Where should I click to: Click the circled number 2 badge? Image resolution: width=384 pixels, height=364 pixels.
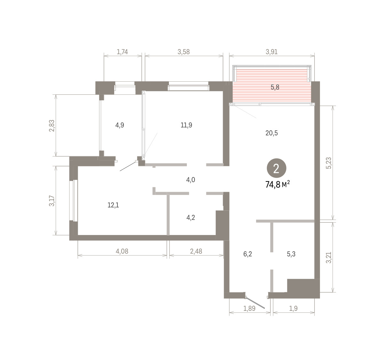click(x=276, y=168)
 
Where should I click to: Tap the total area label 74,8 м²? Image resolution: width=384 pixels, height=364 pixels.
click(x=277, y=184)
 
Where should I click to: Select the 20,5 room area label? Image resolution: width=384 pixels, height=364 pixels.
click(x=271, y=133)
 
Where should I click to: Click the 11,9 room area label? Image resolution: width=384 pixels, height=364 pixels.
click(x=186, y=125)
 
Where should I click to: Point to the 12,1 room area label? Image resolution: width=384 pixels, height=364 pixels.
click(x=113, y=205)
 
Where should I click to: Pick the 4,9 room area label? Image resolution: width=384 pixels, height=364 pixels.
click(x=120, y=125)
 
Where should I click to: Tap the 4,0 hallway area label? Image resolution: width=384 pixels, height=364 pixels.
click(x=190, y=180)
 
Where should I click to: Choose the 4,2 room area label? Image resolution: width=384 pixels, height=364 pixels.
click(x=191, y=217)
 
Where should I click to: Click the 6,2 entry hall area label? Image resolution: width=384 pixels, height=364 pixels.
click(x=247, y=254)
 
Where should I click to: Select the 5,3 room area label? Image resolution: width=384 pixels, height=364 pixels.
click(x=291, y=254)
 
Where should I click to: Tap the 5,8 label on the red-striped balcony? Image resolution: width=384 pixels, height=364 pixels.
click(x=275, y=87)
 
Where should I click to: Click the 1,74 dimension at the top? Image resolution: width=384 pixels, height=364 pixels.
click(x=122, y=52)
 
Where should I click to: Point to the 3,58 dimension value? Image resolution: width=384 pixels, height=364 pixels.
click(x=184, y=52)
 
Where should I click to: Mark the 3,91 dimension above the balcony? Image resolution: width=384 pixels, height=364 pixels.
click(x=271, y=52)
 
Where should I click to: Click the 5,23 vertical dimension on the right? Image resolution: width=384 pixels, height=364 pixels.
click(x=329, y=163)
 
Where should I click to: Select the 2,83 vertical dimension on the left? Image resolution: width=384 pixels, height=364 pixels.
click(x=52, y=126)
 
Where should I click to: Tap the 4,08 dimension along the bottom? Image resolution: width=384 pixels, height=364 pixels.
click(x=122, y=251)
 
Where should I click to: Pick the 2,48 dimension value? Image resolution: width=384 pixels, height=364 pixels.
click(x=196, y=251)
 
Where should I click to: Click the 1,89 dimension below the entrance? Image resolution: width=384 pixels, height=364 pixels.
click(x=249, y=309)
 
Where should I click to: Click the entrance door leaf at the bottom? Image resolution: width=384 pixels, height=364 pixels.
click(x=255, y=303)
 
